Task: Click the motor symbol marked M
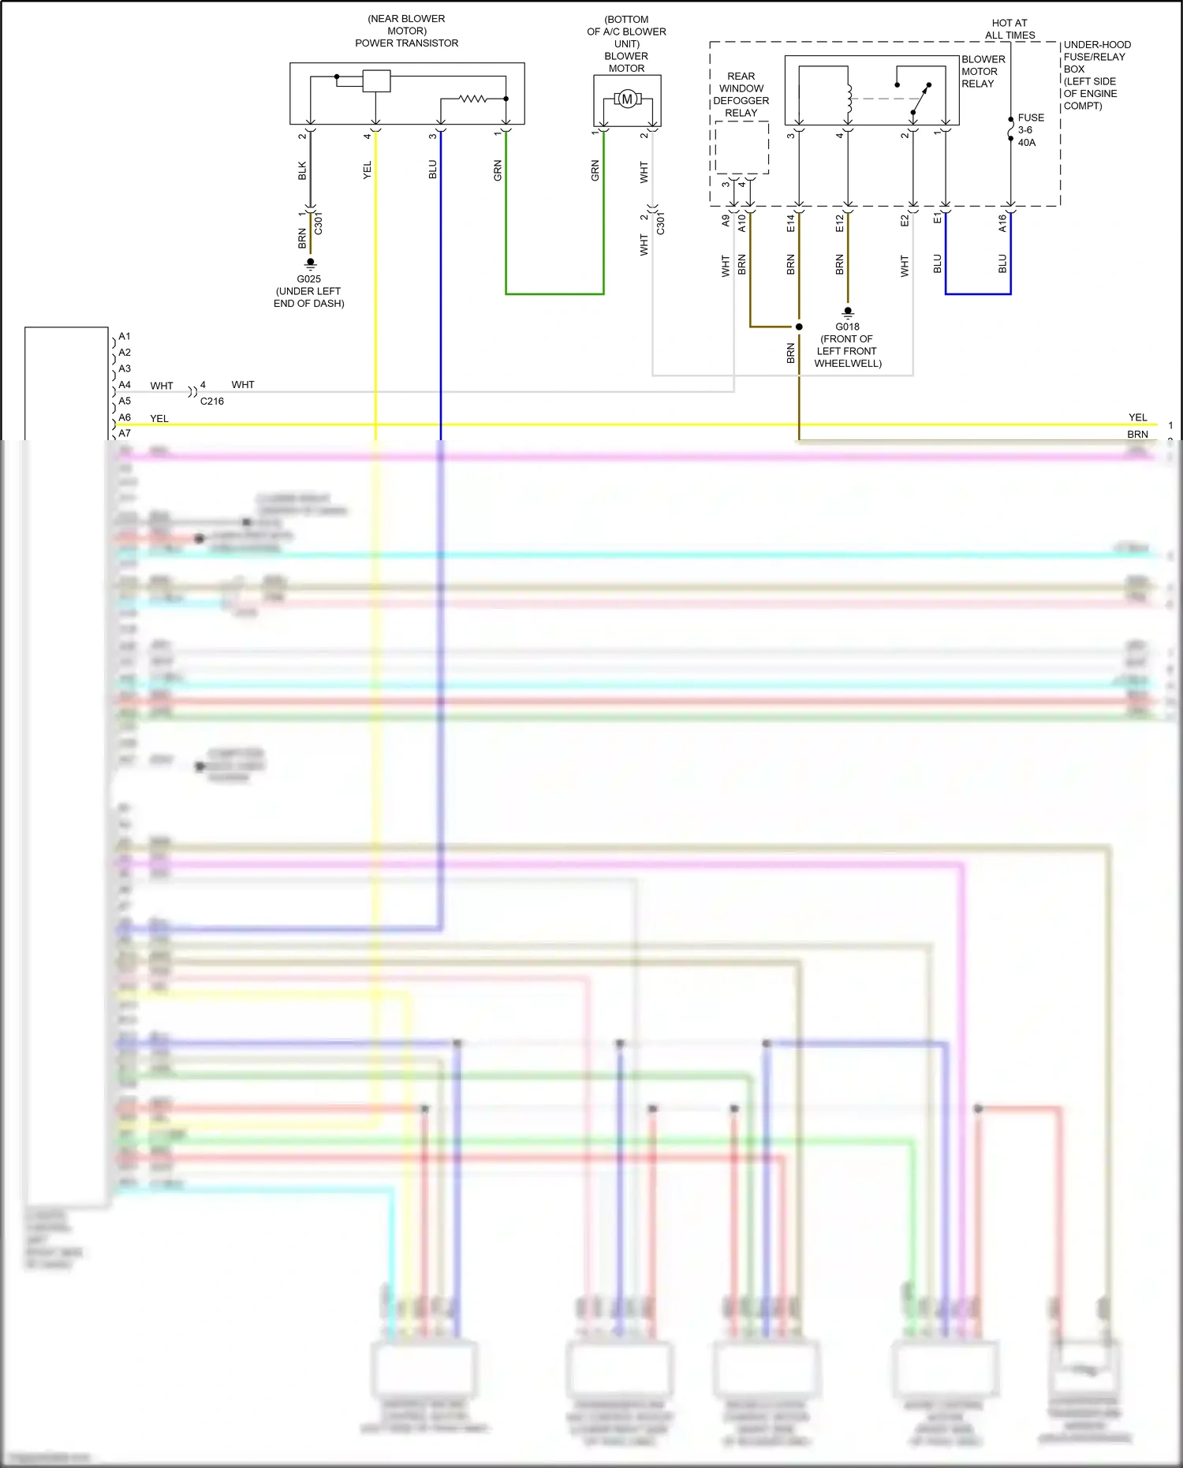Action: (x=627, y=99)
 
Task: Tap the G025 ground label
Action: (x=308, y=279)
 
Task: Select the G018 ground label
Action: (x=847, y=327)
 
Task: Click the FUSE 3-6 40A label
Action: (x=1029, y=130)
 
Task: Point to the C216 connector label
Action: (x=211, y=402)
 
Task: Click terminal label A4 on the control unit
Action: (x=125, y=385)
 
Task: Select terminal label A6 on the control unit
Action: (x=125, y=417)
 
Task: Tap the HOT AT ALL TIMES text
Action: (x=1009, y=29)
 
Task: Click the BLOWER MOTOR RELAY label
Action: (x=983, y=72)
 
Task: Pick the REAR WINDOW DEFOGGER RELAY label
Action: (x=741, y=95)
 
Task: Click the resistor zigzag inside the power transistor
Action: (x=473, y=99)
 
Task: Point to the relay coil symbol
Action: (x=849, y=99)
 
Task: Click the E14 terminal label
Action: (x=790, y=223)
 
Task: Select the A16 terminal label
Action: (x=1002, y=223)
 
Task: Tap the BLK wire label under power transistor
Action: (x=302, y=170)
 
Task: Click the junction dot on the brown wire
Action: (x=799, y=327)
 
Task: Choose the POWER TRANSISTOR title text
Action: (x=406, y=43)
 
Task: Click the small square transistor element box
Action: (x=376, y=81)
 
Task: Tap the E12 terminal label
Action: (x=839, y=223)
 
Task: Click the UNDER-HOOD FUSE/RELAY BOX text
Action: (x=1096, y=75)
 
